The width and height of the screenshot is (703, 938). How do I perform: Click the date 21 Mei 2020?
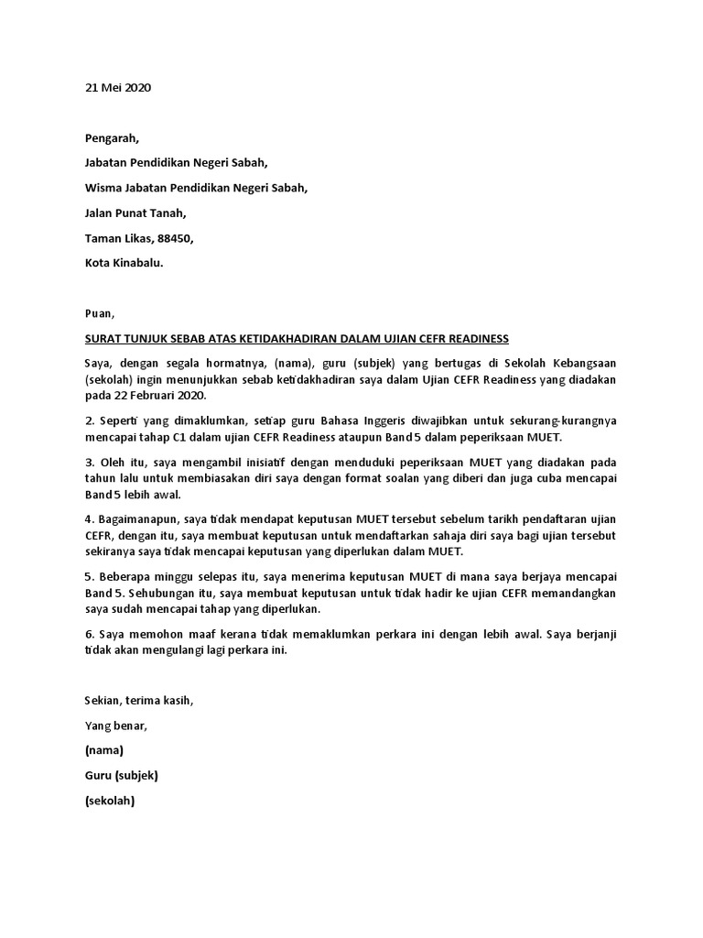tap(117, 88)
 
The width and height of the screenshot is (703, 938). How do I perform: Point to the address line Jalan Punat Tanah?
tap(135, 213)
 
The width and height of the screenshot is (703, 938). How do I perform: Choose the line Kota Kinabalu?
tap(124, 263)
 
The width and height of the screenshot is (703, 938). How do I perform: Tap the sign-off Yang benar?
tap(115, 725)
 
